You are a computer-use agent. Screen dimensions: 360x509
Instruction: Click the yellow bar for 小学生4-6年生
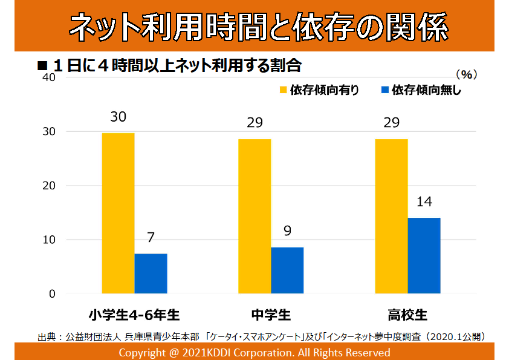point(118,213)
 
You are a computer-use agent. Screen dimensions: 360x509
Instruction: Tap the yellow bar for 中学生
point(254,216)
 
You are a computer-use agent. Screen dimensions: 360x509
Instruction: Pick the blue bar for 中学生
point(287,270)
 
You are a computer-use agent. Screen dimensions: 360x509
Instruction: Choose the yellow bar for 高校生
point(391,216)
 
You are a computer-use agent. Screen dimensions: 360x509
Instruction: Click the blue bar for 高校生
point(424,255)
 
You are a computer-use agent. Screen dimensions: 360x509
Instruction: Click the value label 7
point(151,238)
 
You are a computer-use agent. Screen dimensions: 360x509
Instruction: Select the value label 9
point(287,231)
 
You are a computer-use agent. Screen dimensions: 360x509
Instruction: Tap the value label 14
point(424,201)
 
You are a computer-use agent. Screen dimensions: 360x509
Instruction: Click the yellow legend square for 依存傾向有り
point(283,91)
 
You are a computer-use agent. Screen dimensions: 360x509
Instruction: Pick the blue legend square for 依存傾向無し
point(384,91)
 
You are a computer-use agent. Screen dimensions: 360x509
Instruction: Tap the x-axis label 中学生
point(271,315)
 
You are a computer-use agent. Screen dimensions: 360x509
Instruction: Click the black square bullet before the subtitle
point(42,65)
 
